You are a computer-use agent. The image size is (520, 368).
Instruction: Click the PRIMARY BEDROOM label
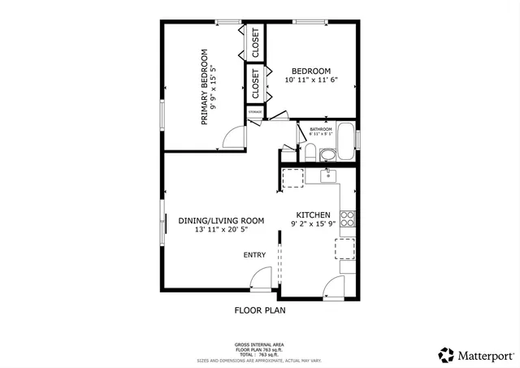pyautogui.click(x=205, y=87)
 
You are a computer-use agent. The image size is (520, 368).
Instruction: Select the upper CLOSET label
pyautogui.click(x=255, y=42)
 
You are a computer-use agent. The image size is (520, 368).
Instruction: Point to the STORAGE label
pyautogui.click(x=255, y=110)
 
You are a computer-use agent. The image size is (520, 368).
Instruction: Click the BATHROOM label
pyautogui.click(x=321, y=129)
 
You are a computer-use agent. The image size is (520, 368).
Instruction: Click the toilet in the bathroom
pyautogui.click(x=309, y=152)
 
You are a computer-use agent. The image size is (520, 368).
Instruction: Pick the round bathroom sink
pyautogui.click(x=327, y=154)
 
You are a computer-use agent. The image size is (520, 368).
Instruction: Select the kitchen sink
pyautogui.click(x=328, y=175)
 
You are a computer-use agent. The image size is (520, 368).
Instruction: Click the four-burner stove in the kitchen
pyautogui.click(x=348, y=218)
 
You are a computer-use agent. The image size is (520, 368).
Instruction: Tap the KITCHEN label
pyautogui.click(x=312, y=214)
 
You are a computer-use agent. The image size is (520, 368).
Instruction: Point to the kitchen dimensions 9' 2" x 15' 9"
pyautogui.click(x=312, y=224)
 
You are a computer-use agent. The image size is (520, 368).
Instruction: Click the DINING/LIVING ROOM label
pyautogui.click(x=222, y=220)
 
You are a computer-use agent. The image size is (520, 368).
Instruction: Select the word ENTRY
pyautogui.click(x=254, y=255)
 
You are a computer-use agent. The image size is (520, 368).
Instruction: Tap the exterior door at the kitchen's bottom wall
pyautogui.click(x=333, y=286)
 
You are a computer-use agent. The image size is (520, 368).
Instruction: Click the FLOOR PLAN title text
pyautogui.click(x=260, y=310)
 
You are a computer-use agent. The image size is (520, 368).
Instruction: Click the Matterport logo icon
pyautogui.click(x=445, y=354)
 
